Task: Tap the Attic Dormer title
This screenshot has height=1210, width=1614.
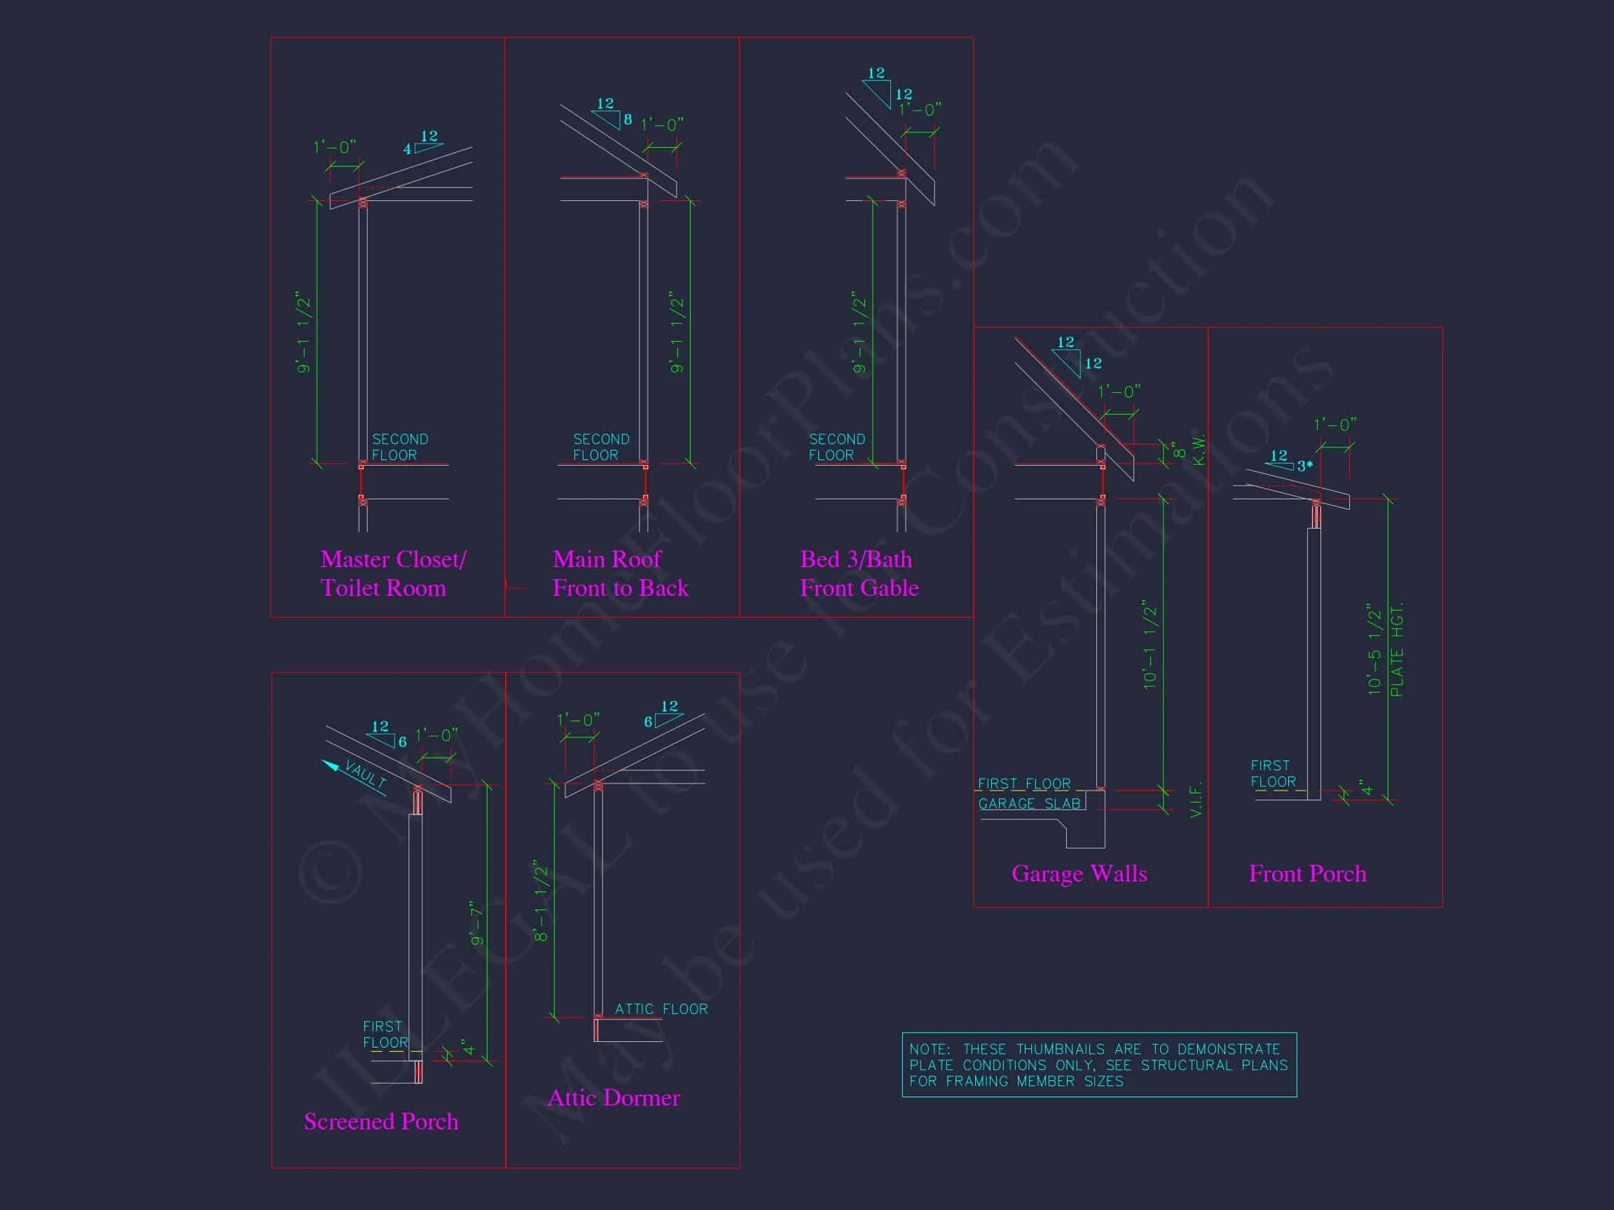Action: pos(613,1097)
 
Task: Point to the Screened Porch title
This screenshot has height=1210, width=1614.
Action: pos(381,1120)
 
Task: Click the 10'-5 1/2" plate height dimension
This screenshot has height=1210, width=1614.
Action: pos(1374,648)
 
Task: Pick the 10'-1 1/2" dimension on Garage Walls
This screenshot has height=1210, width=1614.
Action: pos(1150,645)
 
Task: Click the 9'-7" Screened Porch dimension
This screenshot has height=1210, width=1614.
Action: pos(477,923)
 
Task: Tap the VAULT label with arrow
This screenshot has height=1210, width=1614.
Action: pos(363,774)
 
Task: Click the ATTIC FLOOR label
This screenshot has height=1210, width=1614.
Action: pos(661,1009)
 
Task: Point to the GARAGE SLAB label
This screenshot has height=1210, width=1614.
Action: pos(1029,804)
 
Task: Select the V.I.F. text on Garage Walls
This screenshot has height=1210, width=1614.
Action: pos(1195,800)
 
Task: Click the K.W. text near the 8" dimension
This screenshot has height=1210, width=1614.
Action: pos(1198,450)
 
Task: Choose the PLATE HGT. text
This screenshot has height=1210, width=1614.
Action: pos(1397,650)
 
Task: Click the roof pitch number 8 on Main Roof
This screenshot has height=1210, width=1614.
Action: pos(628,120)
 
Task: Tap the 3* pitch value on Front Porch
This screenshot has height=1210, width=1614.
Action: pos(1304,466)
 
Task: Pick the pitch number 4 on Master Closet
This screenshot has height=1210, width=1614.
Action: pos(407,150)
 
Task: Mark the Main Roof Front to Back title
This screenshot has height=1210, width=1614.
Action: pos(619,573)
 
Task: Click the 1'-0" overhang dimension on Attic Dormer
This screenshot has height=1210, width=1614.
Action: pos(578,720)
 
